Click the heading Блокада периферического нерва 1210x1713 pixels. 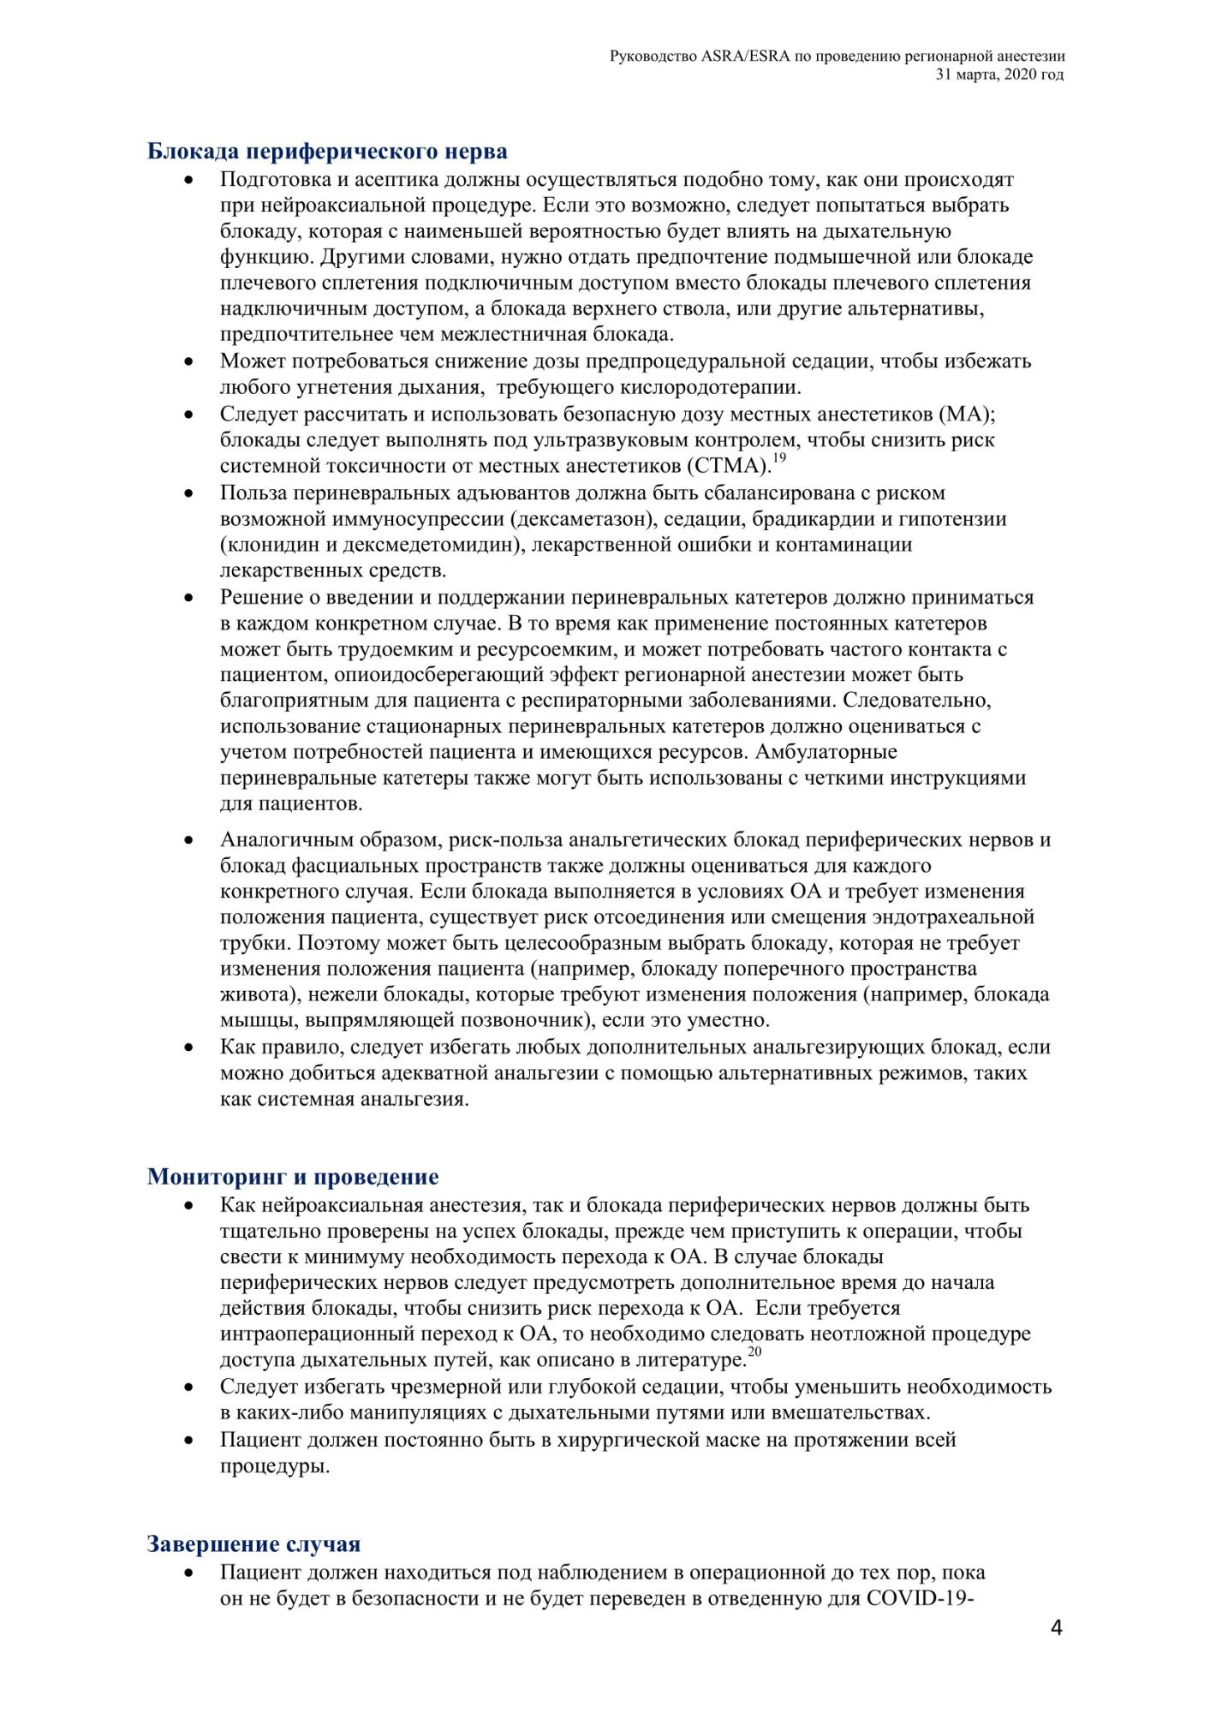coord(327,152)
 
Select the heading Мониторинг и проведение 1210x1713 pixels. coord(293,1177)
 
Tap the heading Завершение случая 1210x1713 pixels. coord(253,1544)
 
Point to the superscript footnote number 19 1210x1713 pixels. coord(779,458)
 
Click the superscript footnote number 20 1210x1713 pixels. coord(754,1352)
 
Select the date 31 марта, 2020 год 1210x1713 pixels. coord(1000,75)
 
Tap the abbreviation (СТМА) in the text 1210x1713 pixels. coord(726,466)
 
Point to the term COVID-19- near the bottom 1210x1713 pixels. coord(921,1598)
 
